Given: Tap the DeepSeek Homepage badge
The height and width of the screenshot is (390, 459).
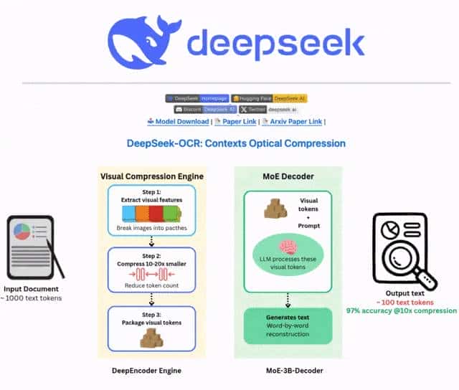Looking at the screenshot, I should coord(197,98).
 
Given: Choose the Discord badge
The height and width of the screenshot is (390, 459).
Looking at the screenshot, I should coord(205,110).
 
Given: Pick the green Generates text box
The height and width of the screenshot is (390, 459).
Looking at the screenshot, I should coord(288,327).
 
